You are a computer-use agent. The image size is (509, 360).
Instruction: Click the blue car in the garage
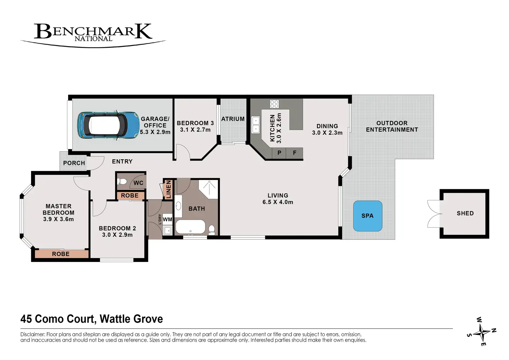[x=108, y=125]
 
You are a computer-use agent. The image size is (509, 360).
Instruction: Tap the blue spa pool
[x=367, y=216]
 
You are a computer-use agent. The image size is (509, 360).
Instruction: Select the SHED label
[x=465, y=213]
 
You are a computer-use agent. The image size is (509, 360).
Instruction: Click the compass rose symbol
[x=481, y=332]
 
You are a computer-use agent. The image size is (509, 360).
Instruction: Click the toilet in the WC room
[x=122, y=181]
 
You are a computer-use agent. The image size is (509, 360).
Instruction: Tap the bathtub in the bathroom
[x=190, y=227]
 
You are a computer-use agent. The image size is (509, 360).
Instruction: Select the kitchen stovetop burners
[x=274, y=104]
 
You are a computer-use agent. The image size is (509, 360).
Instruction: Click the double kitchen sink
[x=256, y=125]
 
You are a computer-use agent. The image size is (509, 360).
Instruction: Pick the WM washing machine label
[x=167, y=219]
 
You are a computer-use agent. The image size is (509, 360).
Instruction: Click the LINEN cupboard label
[x=168, y=189]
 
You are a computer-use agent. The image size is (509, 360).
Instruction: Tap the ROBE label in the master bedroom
[x=61, y=254]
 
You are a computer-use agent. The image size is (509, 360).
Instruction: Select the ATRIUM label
[x=233, y=119]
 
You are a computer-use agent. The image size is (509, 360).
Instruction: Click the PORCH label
[x=74, y=163]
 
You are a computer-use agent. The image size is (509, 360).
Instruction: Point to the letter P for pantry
[x=279, y=153]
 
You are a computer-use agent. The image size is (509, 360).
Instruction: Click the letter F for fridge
[x=295, y=153]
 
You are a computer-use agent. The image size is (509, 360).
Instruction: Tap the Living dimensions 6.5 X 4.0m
[x=278, y=202]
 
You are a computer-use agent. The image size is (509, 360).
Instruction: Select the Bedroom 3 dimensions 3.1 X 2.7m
[x=195, y=130]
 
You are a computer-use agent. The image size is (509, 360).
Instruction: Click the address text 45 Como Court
[x=57, y=319]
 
